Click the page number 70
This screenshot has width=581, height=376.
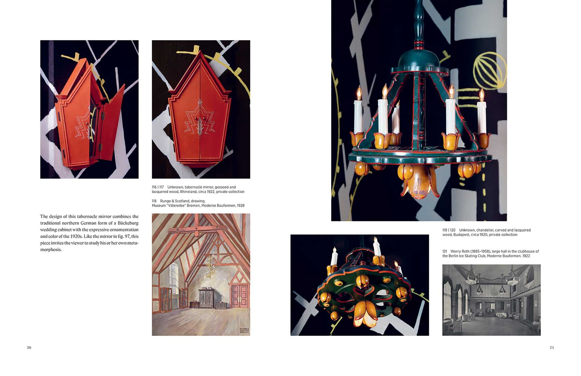tap(29, 348)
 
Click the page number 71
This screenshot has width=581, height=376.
tap(552, 348)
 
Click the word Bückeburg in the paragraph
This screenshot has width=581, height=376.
tap(128, 223)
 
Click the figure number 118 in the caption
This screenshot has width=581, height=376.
tap(154, 201)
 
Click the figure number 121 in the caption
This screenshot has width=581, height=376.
tap(445, 251)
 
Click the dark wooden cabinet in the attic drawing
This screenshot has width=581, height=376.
tap(206, 298)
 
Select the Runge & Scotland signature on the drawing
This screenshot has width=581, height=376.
tap(244, 331)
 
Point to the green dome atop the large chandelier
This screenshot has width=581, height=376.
tap(419, 60)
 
